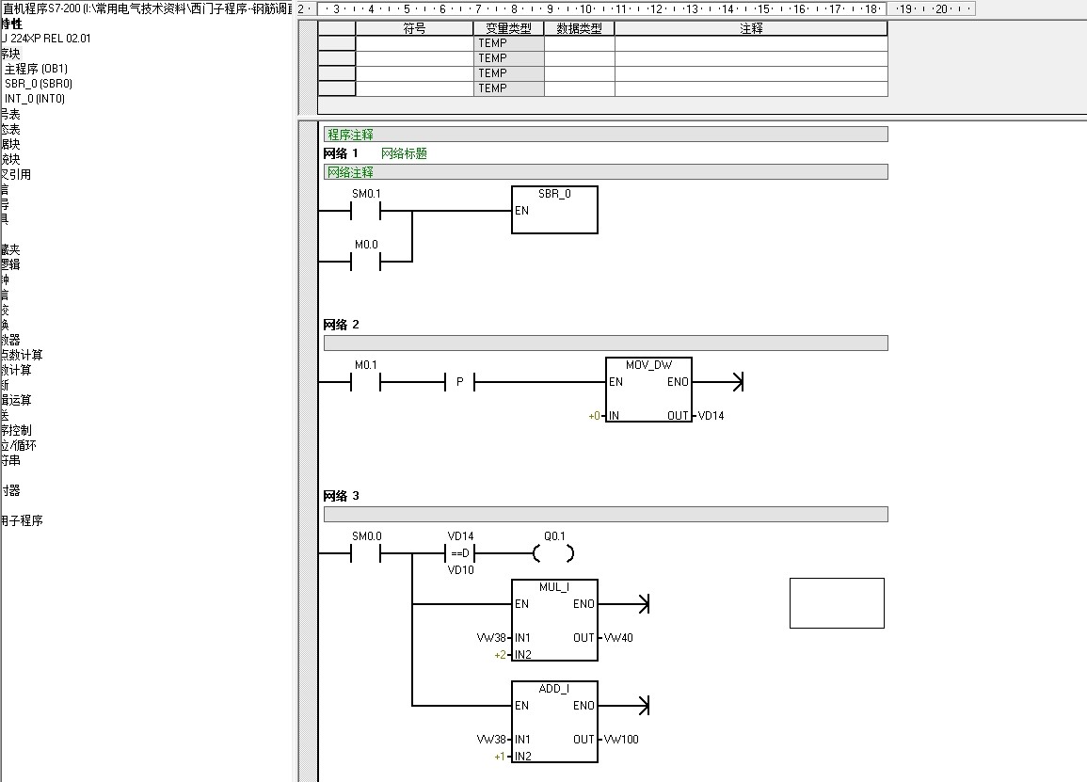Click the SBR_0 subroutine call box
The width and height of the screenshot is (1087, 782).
click(554, 210)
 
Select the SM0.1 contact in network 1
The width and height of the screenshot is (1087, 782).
click(366, 211)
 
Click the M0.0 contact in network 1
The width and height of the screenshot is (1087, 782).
click(366, 262)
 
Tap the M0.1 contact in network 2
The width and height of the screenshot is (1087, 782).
click(366, 382)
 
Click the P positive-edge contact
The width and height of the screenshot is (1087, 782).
click(459, 382)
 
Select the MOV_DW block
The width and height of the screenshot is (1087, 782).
click(648, 390)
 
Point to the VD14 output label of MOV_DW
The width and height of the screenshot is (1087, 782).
click(711, 416)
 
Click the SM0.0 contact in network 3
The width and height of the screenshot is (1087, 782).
click(366, 553)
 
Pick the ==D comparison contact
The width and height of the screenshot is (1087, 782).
click(460, 553)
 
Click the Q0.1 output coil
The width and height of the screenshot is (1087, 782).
click(553, 553)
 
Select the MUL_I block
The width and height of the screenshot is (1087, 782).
click(554, 620)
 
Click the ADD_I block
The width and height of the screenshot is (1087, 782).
click(554, 722)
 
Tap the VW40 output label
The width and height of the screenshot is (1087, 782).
click(618, 638)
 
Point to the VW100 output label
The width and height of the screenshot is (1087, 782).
click(621, 740)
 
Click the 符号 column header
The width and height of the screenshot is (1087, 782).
click(414, 29)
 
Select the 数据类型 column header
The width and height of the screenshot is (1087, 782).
click(579, 29)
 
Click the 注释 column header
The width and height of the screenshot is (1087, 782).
click(751, 29)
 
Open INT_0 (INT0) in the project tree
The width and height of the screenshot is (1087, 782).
click(35, 99)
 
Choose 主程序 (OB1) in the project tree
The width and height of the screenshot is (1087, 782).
click(37, 69)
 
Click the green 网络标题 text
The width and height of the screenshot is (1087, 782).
click(404, 153)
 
